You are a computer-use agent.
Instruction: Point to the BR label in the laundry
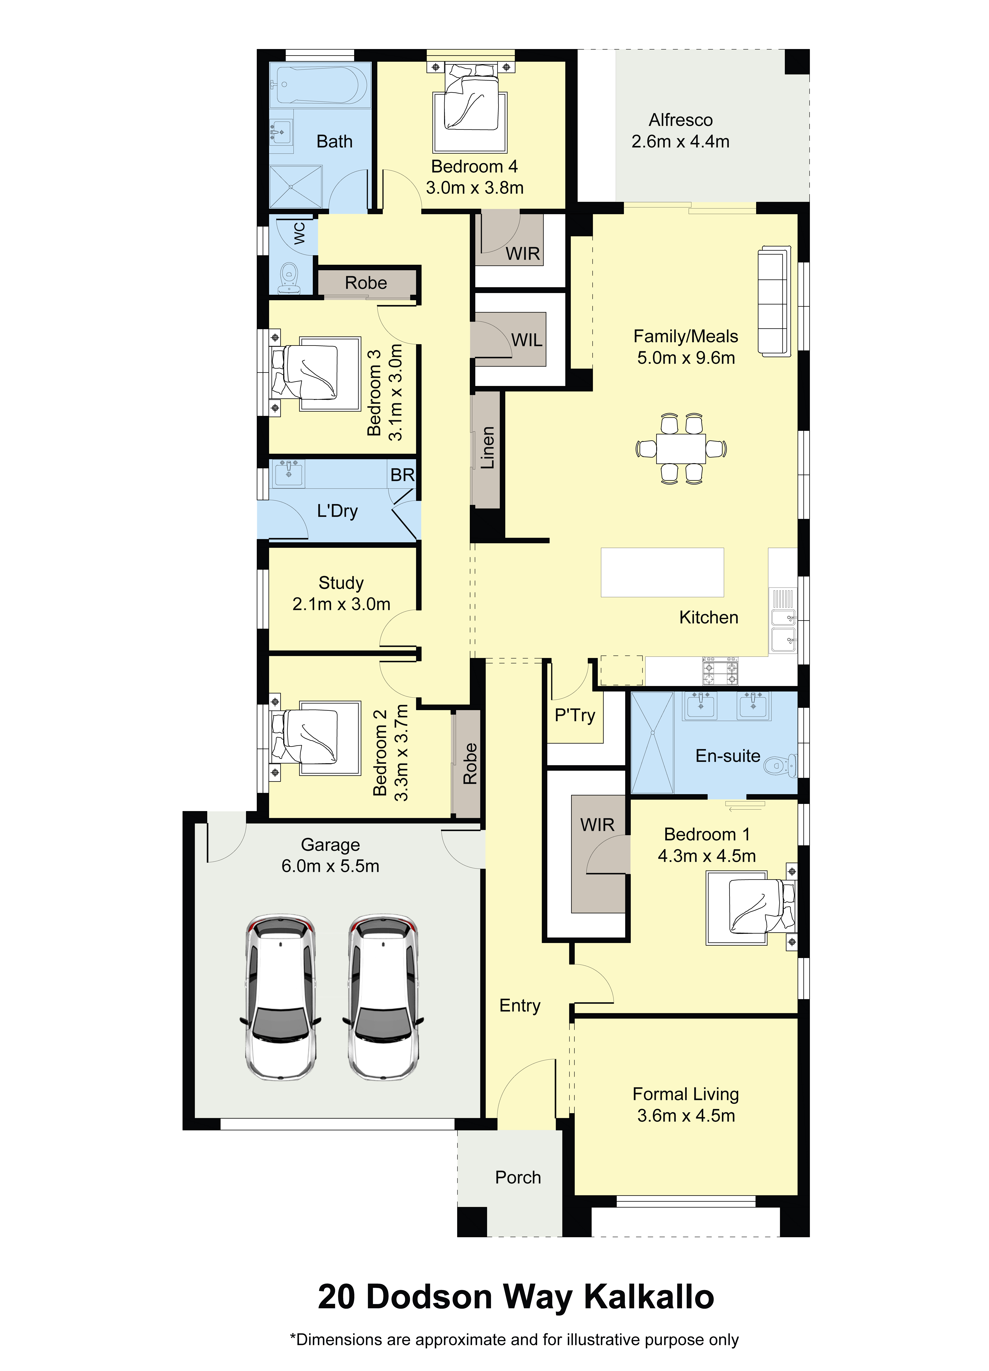click(402, 475)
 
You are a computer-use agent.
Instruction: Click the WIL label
click(527, 340)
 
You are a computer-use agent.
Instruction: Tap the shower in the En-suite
click(652, 742)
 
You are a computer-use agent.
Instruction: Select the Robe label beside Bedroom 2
click(470, 763)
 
